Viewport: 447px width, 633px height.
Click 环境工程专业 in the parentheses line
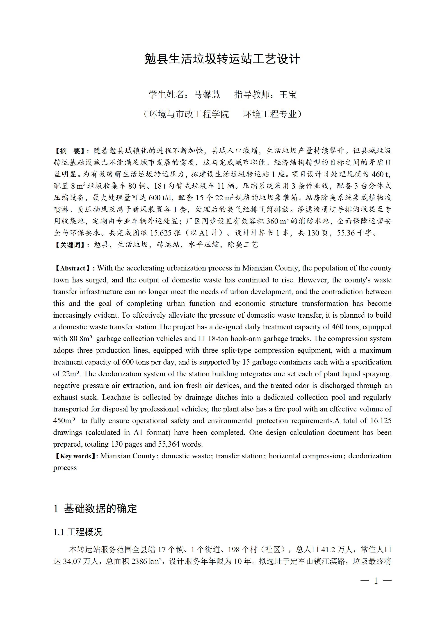point(270,114)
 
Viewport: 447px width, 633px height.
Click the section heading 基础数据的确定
point(100,509)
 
